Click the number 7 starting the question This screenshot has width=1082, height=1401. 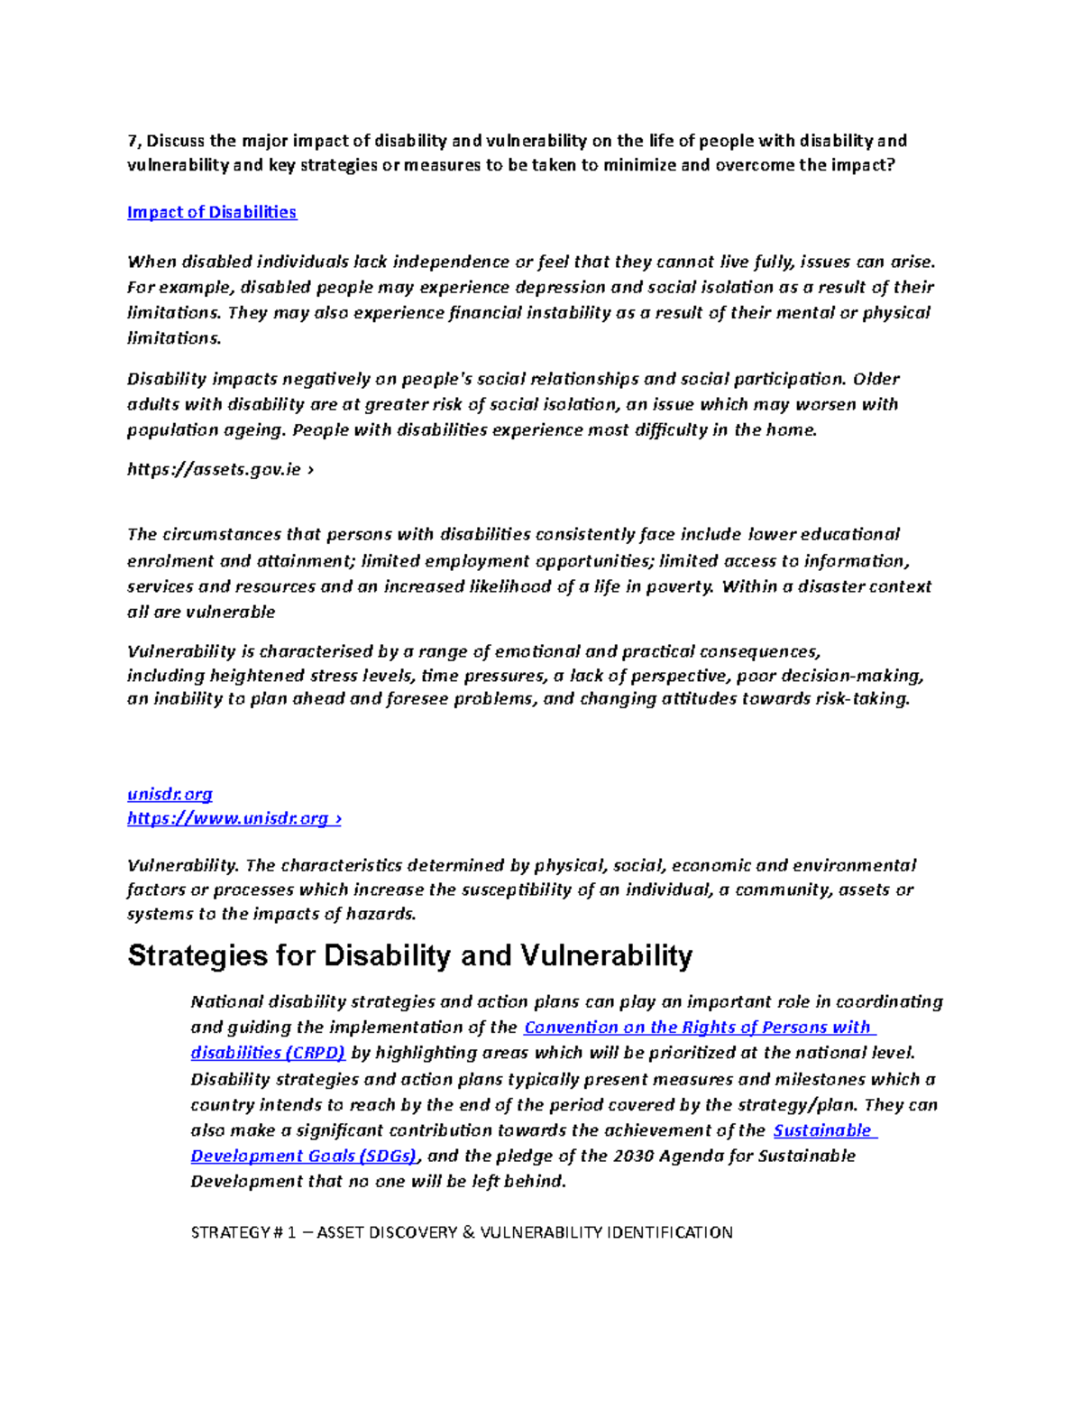point(132,141)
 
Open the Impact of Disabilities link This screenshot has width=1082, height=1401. point(212,212)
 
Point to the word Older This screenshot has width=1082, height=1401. point(876,379)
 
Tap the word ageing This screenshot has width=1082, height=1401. point(252,429)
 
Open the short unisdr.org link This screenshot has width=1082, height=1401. point(170,794)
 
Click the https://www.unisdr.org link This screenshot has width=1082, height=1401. point(234,818)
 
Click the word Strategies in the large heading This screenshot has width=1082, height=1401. point(197,955)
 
